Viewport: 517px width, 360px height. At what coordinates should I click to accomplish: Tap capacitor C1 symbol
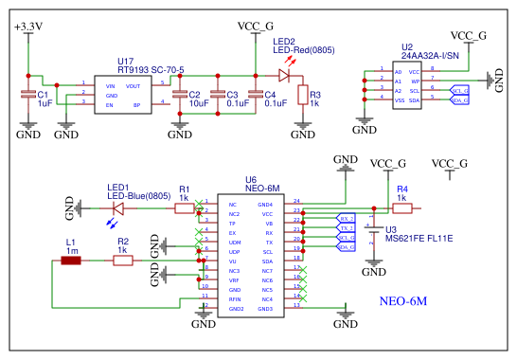(x=28, y=95)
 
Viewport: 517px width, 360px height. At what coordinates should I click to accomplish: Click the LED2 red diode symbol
(x=258, y=73)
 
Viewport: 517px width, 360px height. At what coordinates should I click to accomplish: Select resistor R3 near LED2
(x=302, y=94)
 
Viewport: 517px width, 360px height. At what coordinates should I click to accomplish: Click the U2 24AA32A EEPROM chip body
(x=414, y=85)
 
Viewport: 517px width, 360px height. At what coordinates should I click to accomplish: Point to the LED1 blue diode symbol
(x=118, y=207)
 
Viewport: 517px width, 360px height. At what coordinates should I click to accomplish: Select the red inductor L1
(x=71, y=260)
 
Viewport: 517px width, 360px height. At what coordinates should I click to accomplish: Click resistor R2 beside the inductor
(x=122, y=260)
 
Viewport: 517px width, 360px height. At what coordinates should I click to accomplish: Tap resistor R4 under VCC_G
(x=401, y=207)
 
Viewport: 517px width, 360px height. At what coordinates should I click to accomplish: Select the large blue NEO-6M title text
(x=403, y=300)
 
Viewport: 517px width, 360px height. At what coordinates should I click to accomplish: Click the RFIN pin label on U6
(x=235, y=298)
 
